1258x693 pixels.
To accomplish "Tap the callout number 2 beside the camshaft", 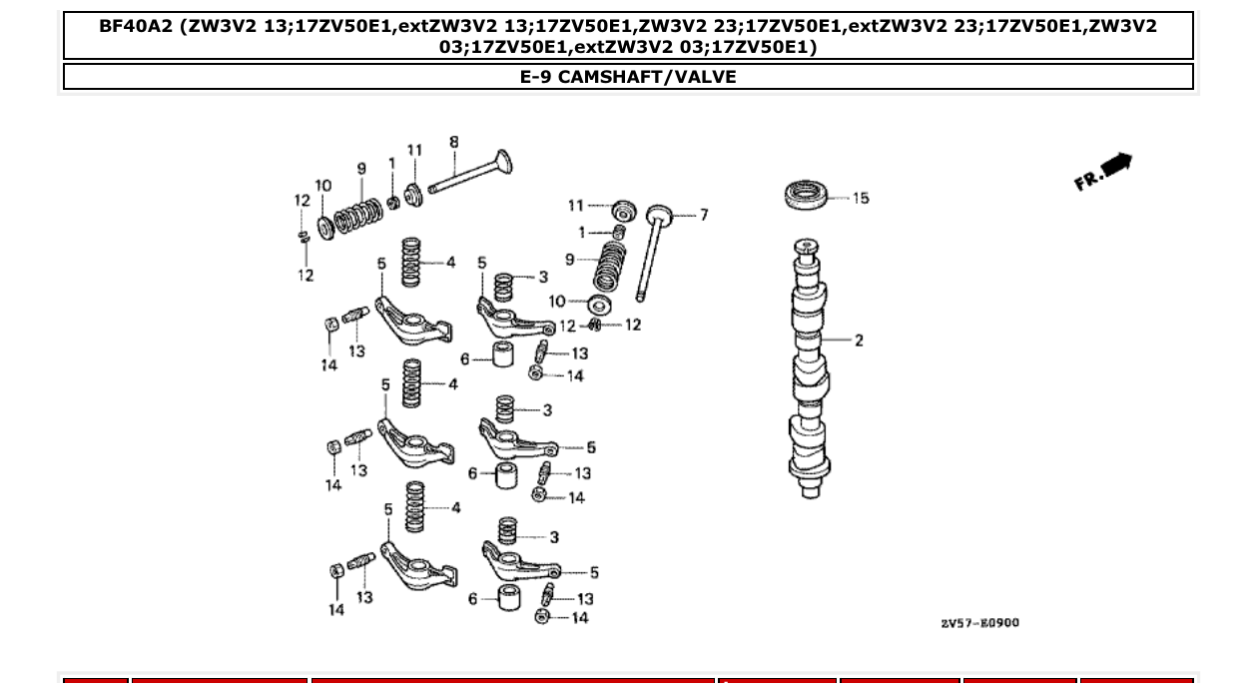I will pyautogui.click(x=859, y=341).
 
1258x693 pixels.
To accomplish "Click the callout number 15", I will pyautogui.click(x=860, y=198).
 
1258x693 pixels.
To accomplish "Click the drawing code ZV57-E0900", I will pyautogui.click(x=978, y=623).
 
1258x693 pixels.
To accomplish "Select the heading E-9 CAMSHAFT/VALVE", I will pyautogui.click(x=628, y=77).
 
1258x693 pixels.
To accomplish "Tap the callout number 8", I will pyautogui.click(x=454, y=143).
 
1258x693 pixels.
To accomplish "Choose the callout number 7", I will pyautogui.click(x=703, y=215).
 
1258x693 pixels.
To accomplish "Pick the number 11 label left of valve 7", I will pyautogui.click(x=576, y=206).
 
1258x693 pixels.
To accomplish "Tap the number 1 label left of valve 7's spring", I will pyautogui.click(x=583, y=232).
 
